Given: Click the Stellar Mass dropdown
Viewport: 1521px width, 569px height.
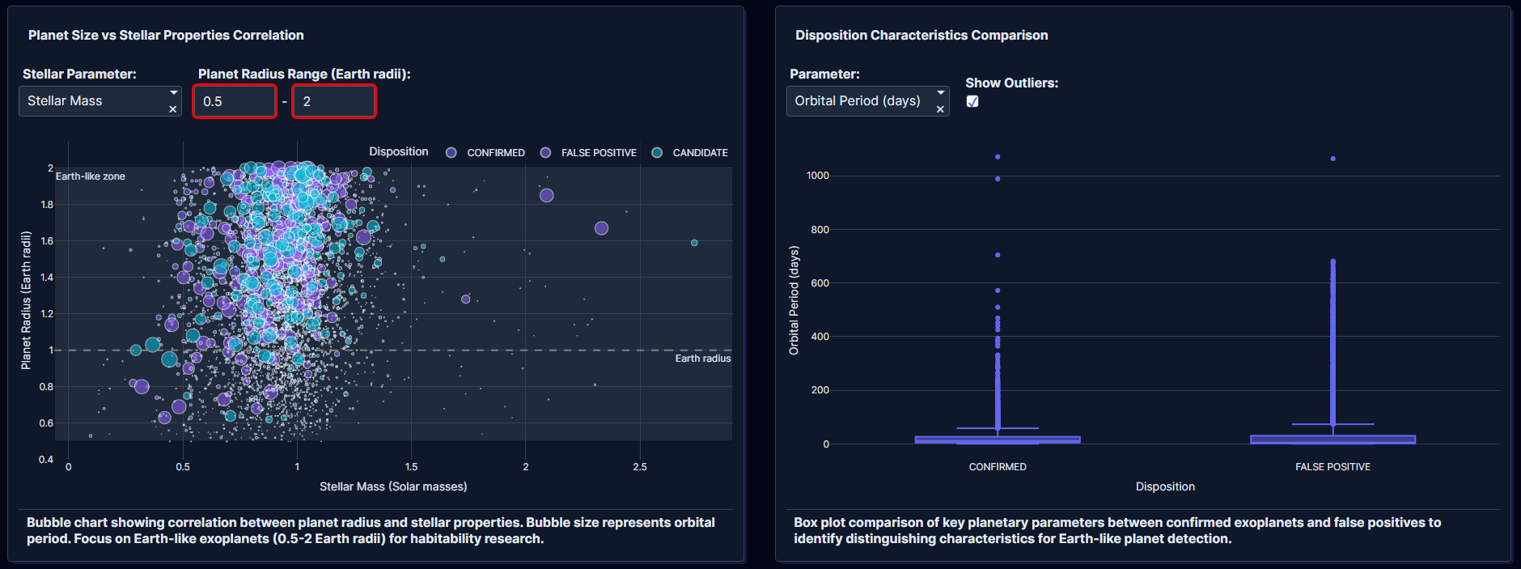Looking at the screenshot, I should [x=93, y=101].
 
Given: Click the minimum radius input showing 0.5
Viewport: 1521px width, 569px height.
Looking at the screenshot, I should [x=235, y=102].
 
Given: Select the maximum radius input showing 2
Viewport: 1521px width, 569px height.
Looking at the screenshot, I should [x=333, y=102].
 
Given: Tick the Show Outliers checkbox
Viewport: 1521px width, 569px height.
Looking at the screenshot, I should [x=972, y=101].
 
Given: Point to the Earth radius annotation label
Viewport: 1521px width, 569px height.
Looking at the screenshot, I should [x=702, y=359].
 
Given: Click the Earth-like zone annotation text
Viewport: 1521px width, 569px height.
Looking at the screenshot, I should [x=91, y=176].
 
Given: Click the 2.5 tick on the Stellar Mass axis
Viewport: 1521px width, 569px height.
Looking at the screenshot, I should [x=640, y=467].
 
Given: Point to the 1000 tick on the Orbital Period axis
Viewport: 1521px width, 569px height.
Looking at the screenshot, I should [x=817, y=176].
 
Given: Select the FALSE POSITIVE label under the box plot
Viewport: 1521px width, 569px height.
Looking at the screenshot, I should [x=1332, y=467].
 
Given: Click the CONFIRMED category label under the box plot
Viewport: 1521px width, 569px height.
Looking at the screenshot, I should [x=998, y=467].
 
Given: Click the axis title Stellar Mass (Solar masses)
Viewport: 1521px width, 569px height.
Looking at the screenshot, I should [x=393, y=486].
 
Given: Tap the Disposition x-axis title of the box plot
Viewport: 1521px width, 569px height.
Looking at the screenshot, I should [x=1165, y=486].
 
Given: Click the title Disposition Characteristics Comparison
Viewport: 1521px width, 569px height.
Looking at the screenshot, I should [x=921, y=36].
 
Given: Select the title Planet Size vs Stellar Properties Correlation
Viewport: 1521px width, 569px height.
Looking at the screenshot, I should [x=166, y=36].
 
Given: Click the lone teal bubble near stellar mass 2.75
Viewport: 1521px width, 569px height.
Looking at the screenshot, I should [x=694, y=243].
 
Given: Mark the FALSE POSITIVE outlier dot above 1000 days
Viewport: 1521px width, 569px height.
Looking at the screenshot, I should [x=1332, y=159].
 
